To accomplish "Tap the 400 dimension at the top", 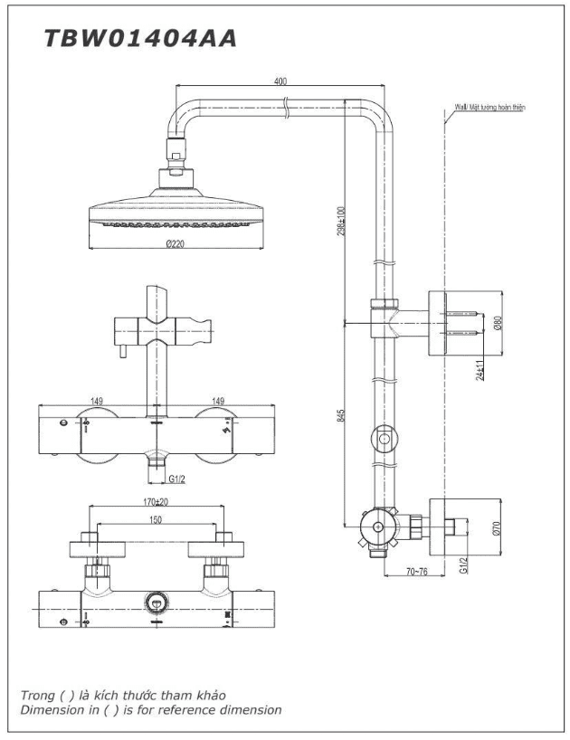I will (x=280, y=81).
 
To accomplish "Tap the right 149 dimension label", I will (x=218, y=401).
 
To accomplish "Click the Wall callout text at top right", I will (x=489, y=107).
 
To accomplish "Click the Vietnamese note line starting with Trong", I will (x=123, y=695).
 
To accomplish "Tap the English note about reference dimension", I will (x=150, y=709).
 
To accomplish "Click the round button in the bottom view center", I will (x=157, y=602).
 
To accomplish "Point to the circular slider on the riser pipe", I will (x=385, y=441).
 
